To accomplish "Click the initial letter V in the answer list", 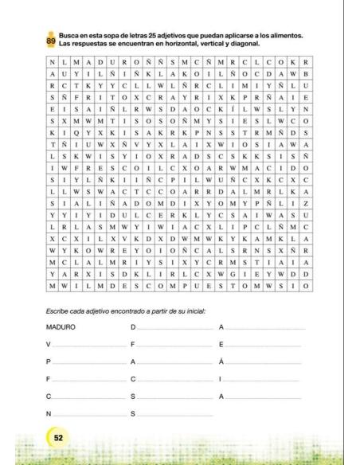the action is (49, 344).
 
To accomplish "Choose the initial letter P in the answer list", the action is (49, 361).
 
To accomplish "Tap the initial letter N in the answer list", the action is (49, 413).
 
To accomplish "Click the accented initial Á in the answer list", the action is (221, 361).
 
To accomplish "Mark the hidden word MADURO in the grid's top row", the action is (109, 61).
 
